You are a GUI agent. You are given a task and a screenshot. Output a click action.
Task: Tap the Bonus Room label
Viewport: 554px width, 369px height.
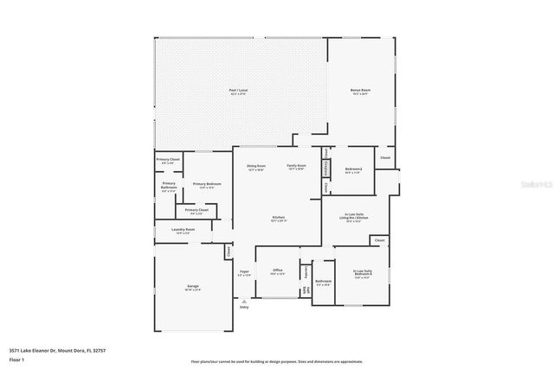(x=361, y=92)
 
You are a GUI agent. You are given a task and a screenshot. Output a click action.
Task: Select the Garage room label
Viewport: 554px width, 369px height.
(x=191, y=288)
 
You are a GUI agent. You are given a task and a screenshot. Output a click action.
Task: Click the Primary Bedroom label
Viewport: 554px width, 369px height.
(x=207, y=185)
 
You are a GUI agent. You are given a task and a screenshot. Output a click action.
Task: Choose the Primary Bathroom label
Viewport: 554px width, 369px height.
(x=169, y=188)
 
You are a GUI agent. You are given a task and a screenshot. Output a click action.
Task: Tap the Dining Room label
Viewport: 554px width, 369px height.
(x=256, y=167)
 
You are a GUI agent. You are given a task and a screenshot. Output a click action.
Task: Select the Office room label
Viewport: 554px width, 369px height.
(x=278, y=271)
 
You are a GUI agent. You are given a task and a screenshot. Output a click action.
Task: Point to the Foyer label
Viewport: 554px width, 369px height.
(x=245, y=273)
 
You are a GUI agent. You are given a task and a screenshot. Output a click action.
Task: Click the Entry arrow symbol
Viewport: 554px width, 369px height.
(x=243, y=301)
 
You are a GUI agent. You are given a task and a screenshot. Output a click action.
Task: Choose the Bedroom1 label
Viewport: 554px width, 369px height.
(x=353, y=170)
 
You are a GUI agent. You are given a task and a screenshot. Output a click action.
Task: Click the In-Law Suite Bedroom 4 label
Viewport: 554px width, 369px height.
(x=364, y=275)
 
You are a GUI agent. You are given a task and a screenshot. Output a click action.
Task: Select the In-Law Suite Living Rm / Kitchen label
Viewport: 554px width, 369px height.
(x=352, y=217)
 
